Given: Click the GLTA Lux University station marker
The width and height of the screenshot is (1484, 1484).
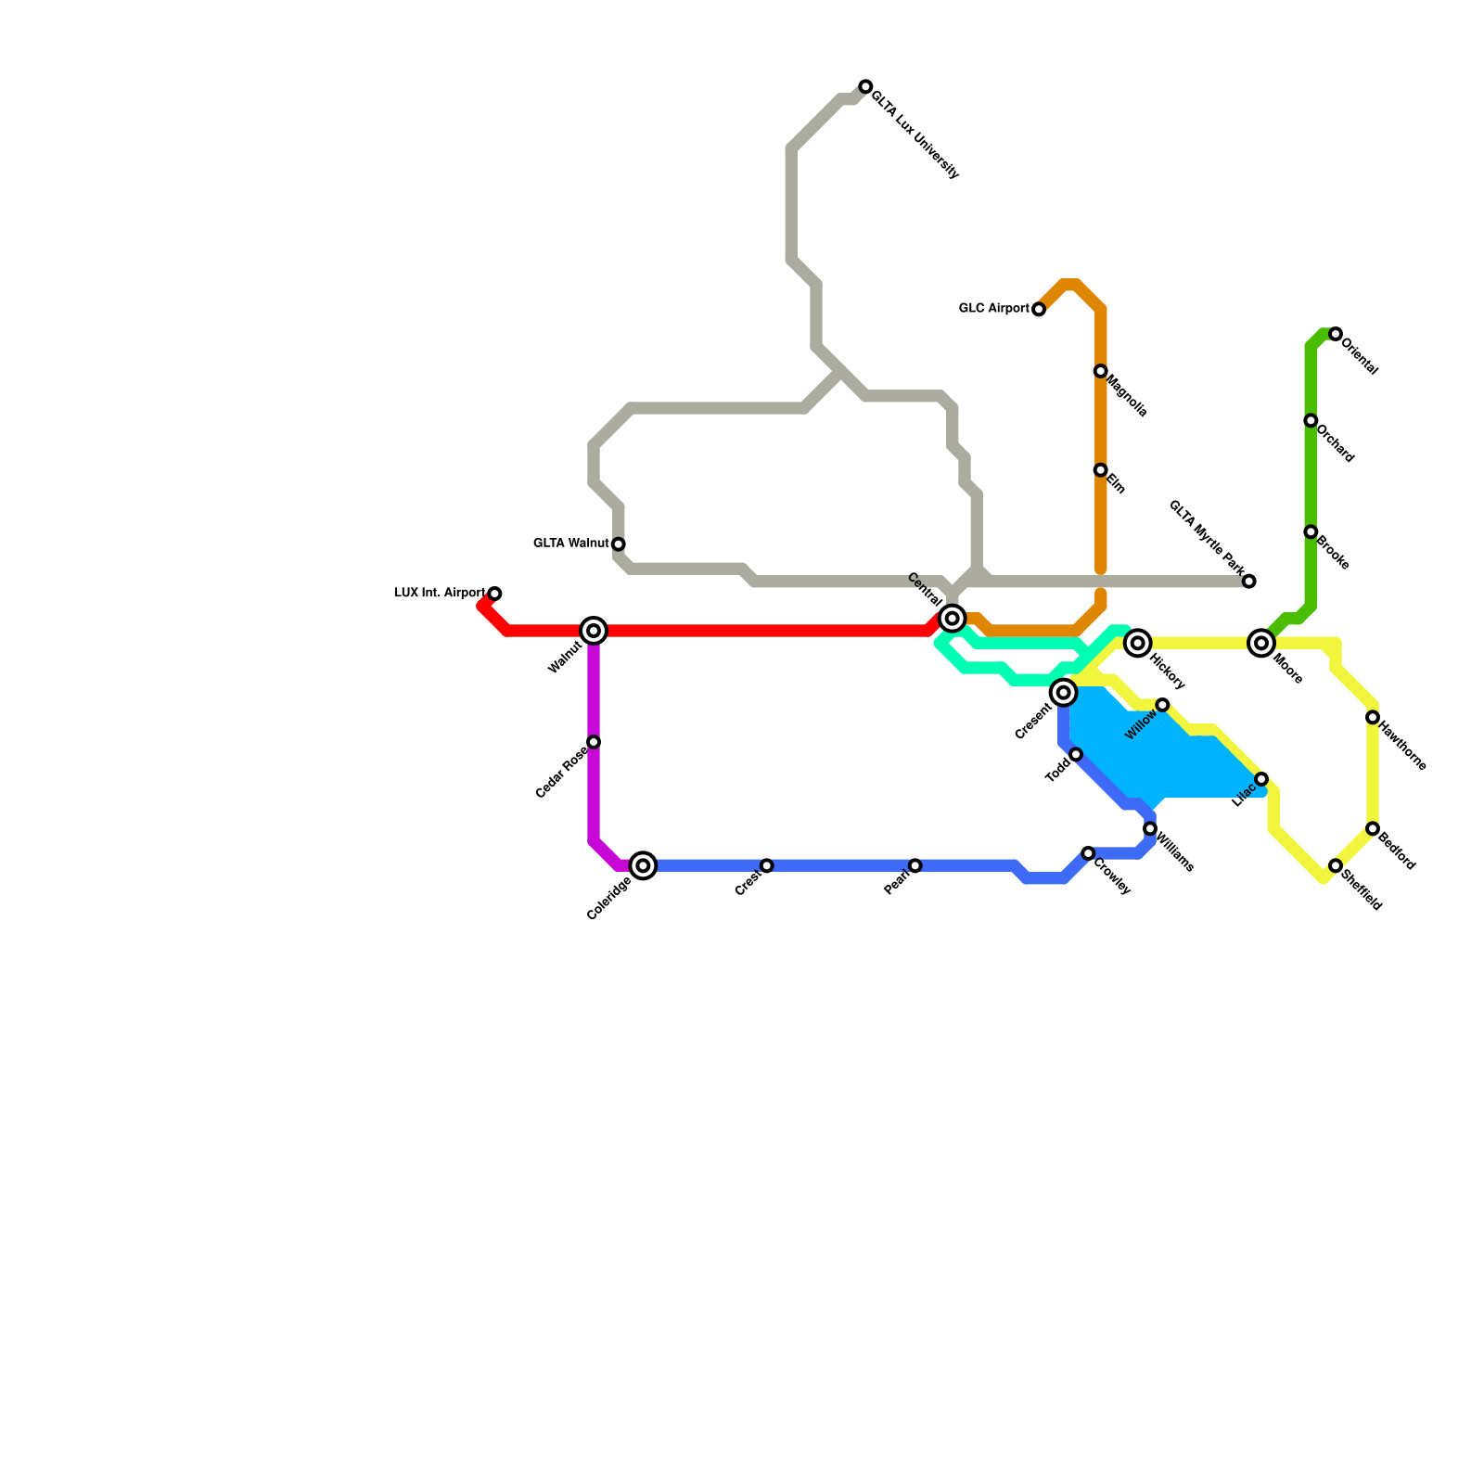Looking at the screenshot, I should tap(865, 86).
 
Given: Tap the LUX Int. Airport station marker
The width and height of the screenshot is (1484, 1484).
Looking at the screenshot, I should tap(495, 594).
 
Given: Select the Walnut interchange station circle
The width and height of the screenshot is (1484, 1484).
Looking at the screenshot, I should tap(594, 631).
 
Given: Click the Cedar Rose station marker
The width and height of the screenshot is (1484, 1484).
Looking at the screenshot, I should tap(594, 742).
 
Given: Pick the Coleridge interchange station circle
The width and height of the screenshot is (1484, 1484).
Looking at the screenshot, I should tap(644, 865).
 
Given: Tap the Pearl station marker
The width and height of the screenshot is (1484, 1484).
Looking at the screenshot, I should tap(915, 865).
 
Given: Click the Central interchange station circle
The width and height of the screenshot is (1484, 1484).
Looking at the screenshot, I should tap(953, 619).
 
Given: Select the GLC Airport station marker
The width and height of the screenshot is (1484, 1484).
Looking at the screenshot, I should tap(1039, 309).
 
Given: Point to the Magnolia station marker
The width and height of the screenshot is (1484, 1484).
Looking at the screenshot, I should tap(1100, 371).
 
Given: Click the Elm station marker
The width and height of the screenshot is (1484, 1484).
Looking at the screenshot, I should tap(1100, 470).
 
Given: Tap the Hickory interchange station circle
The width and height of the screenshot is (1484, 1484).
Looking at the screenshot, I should tap(1138, 643).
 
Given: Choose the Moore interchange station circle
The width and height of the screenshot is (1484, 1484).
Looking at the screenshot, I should tap(1261, 643).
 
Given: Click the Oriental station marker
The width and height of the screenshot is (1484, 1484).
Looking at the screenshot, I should tap(1336, 334).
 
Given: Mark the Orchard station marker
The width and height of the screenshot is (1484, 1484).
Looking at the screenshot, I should tap(1311, 420).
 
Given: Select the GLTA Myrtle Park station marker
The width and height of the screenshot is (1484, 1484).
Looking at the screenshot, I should tap(1249, 582).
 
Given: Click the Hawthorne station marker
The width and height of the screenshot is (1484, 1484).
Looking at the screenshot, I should tap(1373, 717).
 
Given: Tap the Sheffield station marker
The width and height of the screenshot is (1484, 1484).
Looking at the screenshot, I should tap(1336, 865).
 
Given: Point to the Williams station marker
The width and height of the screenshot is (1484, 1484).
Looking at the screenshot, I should tap(1150, 828).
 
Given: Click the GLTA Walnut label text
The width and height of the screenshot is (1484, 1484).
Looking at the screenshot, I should tap(571, 544).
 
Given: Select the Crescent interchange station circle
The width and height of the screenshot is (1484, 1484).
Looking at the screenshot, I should tap(1064, 693).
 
